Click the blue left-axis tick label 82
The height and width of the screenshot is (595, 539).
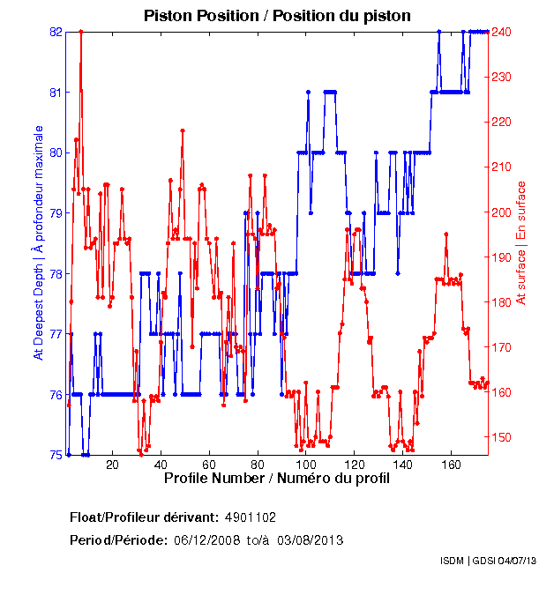(56, 32)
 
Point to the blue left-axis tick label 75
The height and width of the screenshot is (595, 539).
(56, 455)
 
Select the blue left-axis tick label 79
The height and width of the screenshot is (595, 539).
(56, 213)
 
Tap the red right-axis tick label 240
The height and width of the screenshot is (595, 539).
(501, 32)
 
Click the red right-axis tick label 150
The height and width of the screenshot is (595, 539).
(501, 437)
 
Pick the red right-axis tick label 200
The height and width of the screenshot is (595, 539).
(501, 212)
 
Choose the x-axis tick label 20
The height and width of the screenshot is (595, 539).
(112, 465)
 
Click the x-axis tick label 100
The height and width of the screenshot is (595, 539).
(305, 465)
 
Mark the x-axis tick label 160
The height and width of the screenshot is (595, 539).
(451, 465)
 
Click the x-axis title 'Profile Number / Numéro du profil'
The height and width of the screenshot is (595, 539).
(276, 479)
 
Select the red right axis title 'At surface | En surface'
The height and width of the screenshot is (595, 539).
(521, 242)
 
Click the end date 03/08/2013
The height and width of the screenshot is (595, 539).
(310, 539)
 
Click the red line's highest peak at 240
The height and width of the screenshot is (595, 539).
(81, 32)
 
